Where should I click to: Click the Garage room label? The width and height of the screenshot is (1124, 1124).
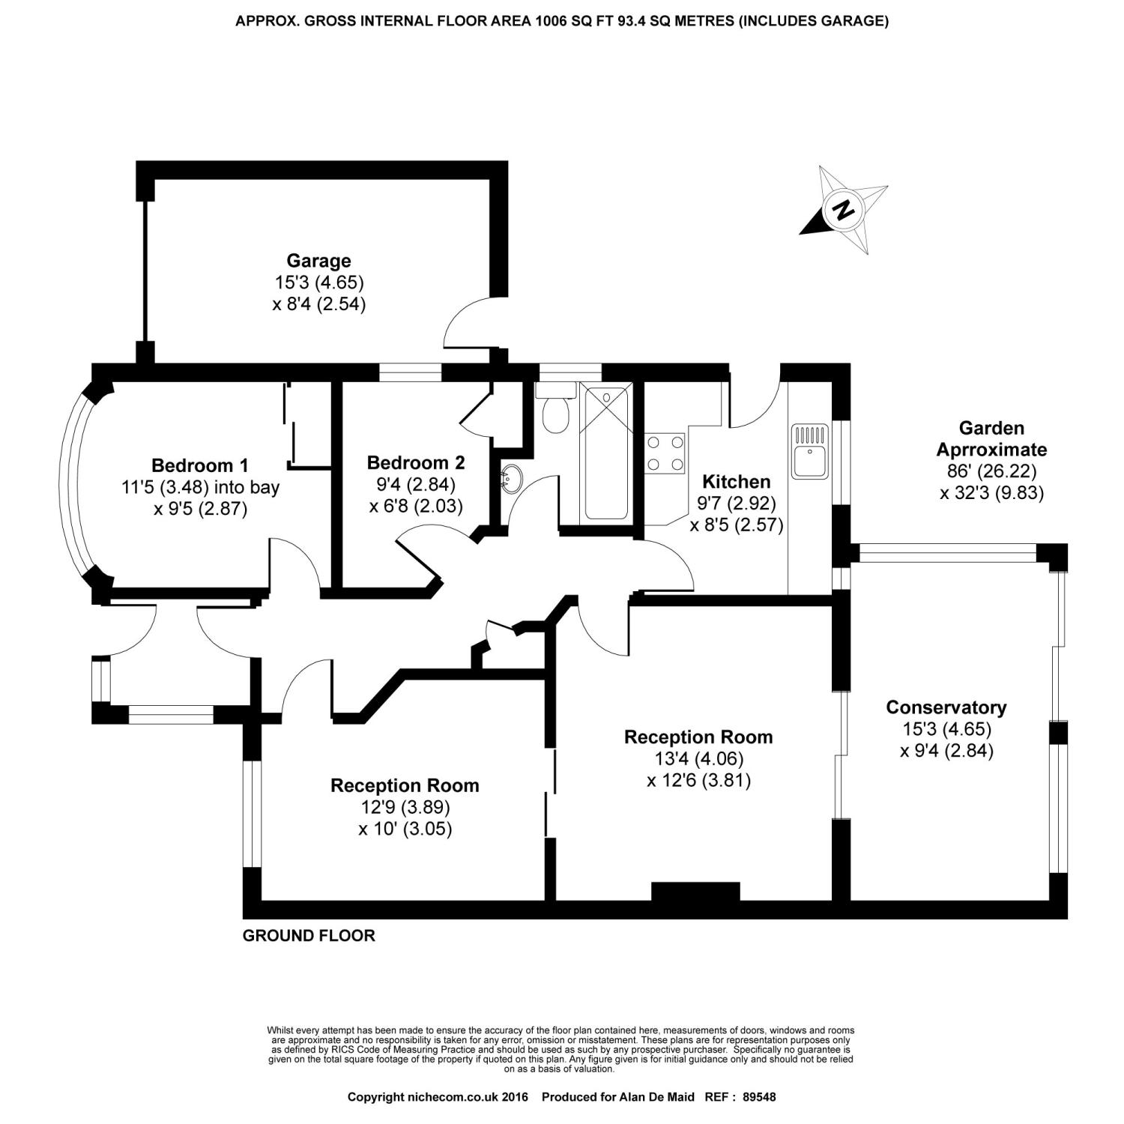[x=318, y=261]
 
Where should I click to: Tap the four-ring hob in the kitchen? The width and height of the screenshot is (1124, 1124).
[x=665, y=454]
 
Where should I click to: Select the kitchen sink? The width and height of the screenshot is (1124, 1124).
[x=810, y=452]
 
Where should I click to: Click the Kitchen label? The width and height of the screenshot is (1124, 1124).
[x=736, y=482]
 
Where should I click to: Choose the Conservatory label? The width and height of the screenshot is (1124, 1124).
[x=946, y=707]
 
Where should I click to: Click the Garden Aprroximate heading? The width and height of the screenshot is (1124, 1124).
[x=991, y=439]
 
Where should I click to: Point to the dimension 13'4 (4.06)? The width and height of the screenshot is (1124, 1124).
[x=698, y=759]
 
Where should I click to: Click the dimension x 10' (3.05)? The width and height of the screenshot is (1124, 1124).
[x=405, y=829]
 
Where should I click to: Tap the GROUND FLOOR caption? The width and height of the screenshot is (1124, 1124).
[x=309, y=936]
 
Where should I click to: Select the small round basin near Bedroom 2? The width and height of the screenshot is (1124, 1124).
[x=513, y=477]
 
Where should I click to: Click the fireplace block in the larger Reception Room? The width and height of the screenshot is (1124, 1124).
[x=695, y=891]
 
